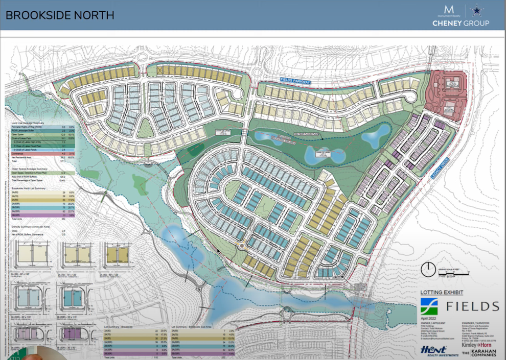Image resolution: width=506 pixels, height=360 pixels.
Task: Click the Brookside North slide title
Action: [x=60, y=15]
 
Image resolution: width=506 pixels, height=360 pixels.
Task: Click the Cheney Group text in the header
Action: [x=461, y=23]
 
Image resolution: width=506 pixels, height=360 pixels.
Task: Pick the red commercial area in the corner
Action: [x=448, y=95]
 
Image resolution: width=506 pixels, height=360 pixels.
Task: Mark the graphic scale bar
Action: [x=452, y=275]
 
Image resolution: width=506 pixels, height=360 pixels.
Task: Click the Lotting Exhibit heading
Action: [x=441, y=293]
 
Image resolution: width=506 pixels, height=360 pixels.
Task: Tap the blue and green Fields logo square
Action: [x=428, y=306]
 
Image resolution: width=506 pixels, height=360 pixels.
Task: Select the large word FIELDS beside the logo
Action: [x=472, y=306]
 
